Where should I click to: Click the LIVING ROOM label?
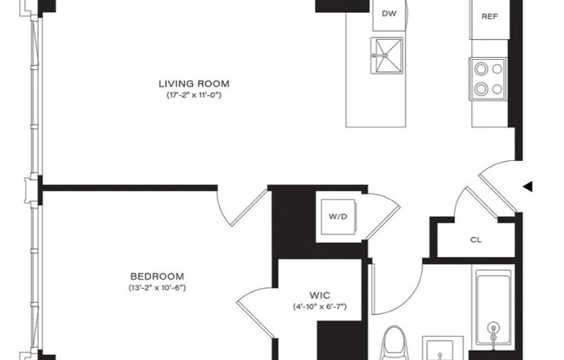pyautogui.click(x=194, y=84)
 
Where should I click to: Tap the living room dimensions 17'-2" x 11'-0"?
pyautogui.click(x=194, y=95)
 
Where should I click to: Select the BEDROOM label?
pyautogui.click(x=157, y=276)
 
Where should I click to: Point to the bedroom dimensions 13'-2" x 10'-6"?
pyautogui.click(x=157, y=287)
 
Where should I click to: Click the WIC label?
pyautogui.click(x=320, y=294)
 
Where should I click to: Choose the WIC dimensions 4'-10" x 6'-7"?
pyautogui.click(x=320, y=306)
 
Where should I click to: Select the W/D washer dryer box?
pyautogui.click(x=337, y=215)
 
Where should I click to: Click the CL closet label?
pyautogui.click(x=476, y=240)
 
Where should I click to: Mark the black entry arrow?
pyautogui.click(x=528, y=185)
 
